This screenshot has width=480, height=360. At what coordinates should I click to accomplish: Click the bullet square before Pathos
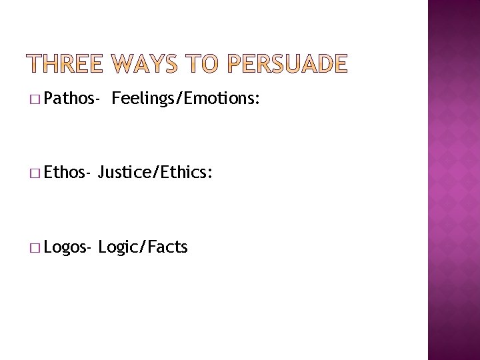coord(34,101)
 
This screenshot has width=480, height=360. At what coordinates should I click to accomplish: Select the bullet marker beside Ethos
coord(34,175)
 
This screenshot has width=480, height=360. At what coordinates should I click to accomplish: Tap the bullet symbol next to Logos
coord(34,249)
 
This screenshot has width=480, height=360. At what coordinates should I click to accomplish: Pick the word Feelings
coord(141,100)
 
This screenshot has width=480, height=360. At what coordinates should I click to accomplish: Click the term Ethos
coord(65,174)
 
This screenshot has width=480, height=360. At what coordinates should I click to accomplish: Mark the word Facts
coord(165,248)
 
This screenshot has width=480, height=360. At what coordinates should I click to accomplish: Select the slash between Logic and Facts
coord(139,248)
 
